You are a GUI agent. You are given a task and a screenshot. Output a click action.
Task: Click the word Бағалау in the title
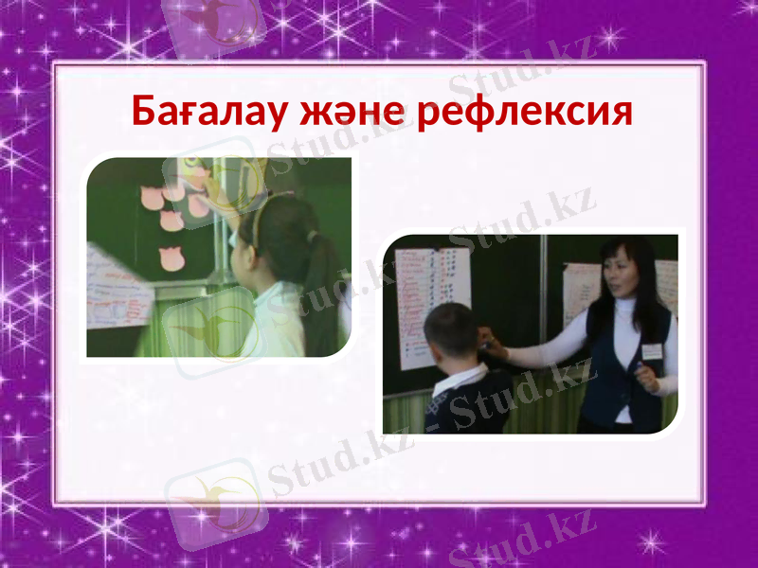pos(209,113)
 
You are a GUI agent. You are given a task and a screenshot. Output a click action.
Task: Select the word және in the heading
pos(349,113)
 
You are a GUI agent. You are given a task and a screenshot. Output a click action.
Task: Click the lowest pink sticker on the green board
pos(171,258)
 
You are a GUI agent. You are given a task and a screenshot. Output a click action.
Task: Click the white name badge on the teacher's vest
pos(651,325)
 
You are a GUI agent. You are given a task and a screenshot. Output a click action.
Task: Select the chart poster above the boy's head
pos(431,293)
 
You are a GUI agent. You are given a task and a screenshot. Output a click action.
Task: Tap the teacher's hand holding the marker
pos(647,374)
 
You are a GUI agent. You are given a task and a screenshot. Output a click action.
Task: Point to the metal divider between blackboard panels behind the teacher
pos(543,312)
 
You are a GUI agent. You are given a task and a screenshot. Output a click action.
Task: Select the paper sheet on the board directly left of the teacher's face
pos(579,293)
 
